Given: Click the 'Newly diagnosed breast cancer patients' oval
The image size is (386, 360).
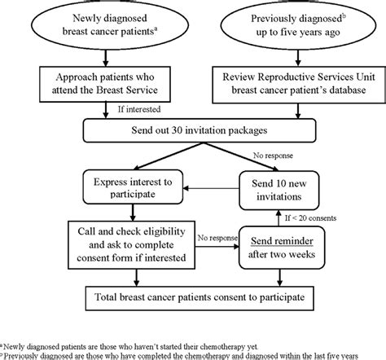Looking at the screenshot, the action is [x=110, y=25].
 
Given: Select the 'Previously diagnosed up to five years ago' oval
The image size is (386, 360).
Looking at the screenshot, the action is [x=298, y=25].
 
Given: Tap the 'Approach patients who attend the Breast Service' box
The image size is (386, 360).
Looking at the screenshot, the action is [x=105, y=84].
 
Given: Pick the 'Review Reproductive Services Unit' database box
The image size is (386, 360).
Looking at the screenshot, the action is [x=299, y=85].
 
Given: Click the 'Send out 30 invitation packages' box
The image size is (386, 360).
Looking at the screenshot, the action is [x=200, y=130].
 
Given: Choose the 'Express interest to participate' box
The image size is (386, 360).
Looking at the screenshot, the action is [x=133, y=187].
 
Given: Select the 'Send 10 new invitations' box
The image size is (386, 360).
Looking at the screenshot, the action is [x=279, y=190].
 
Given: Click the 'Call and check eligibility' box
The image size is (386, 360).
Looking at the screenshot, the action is [x=131, y=245].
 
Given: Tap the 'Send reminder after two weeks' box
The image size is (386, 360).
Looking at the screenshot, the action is [x=282, y=248].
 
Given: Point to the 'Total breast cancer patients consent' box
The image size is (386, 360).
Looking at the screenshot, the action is [x=200, y=298].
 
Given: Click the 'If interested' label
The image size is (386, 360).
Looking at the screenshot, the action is [x=139, y=109].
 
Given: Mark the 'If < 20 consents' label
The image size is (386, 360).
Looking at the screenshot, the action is [x=310, y=218].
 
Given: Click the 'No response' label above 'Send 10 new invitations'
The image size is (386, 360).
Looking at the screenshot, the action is [x=273, y=156].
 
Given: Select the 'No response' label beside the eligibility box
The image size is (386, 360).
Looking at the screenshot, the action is [x=217, y=238].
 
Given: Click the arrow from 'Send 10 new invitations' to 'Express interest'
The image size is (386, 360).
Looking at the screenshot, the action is [x=211, y=188].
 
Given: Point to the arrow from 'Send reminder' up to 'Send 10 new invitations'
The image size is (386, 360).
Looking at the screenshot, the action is [x=279, y=218].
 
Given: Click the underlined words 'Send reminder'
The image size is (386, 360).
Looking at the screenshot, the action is [x=282, y=241].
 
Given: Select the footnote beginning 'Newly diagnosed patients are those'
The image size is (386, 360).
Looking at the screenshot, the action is [x=129, y=347].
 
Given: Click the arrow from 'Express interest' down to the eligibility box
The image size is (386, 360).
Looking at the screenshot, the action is [x=133, y=213].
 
